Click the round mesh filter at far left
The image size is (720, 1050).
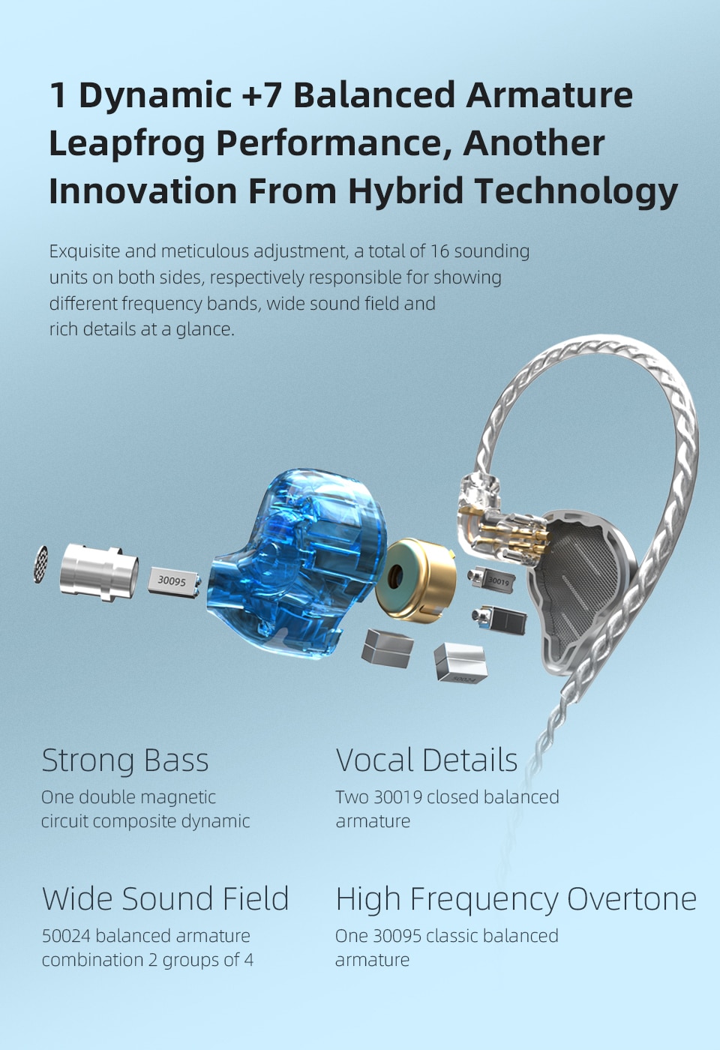41,563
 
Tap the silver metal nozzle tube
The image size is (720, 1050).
98,571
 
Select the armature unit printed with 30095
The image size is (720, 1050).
173,581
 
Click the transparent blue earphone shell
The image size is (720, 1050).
300,562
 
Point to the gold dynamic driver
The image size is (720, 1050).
417,579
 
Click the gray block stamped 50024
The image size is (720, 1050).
460,663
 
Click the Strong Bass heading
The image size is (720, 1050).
125,760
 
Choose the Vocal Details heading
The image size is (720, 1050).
427,760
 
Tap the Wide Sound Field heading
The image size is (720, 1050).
165,898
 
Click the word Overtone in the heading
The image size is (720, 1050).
631,898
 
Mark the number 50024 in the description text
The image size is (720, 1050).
66,936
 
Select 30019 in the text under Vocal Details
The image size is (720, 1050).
397,797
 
